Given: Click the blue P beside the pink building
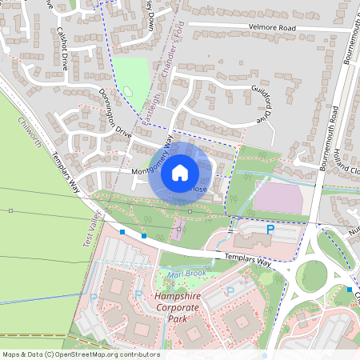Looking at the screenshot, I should click(270, 230).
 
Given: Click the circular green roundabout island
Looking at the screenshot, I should click(311, 277).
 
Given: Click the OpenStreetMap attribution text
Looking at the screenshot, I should click(80, 354).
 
